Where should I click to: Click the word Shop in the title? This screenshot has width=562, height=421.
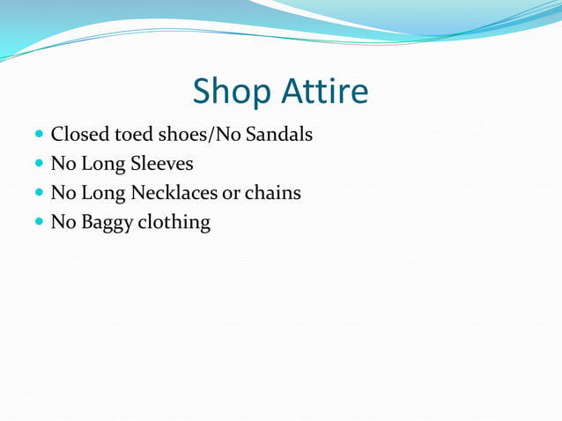point(231,92)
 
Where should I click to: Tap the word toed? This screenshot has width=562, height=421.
point(132,136)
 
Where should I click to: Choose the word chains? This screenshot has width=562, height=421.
point(272,193)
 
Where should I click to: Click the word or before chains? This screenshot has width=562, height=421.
point(231,193)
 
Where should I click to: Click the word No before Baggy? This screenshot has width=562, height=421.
point(63,222)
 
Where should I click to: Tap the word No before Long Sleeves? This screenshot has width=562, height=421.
point(63,165)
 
